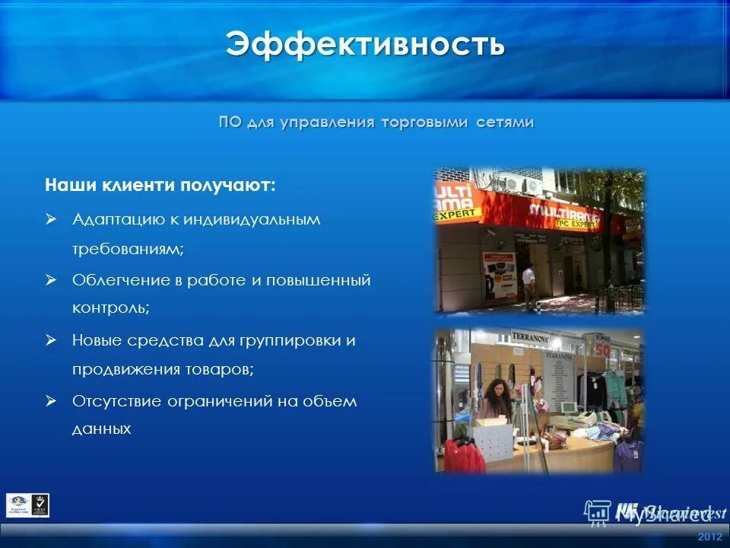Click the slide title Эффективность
[x=365, y=44]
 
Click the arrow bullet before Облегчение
[x=51, y=280]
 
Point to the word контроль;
[x=111, y=308]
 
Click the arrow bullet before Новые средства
[x=51, y=340]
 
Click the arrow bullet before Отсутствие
[x=51, y=400]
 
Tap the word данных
[x=102, y=429]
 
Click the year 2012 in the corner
[x=709, y=537]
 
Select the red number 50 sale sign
[x=604, y=349]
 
